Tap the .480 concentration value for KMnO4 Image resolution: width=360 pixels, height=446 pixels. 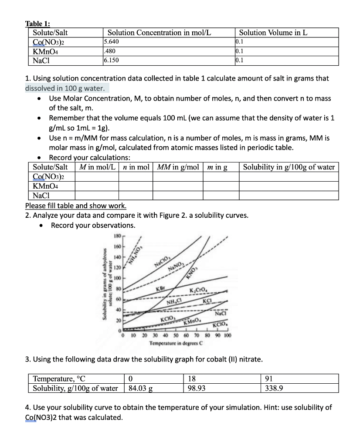[109, 51]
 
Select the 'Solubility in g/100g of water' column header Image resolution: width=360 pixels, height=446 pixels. [289, 167]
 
